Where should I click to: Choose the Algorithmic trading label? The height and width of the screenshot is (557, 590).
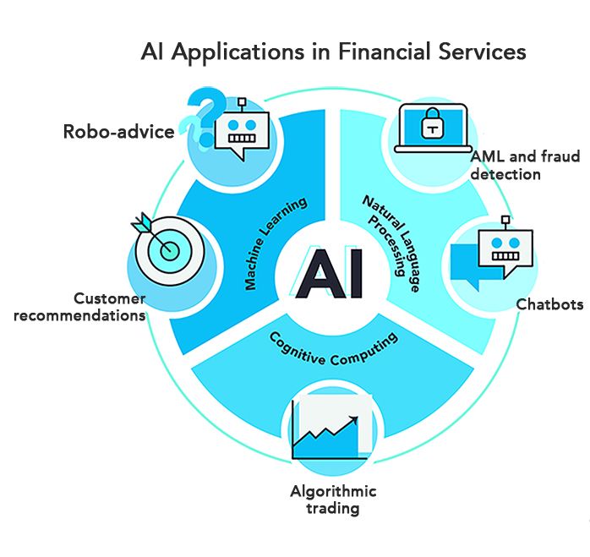tap(333, 500)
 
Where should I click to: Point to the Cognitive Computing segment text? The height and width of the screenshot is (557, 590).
tap(333, 347)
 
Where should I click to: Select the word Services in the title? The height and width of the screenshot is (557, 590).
tap(485, 52)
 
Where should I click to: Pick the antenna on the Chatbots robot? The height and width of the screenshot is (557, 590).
tap(505, 222)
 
